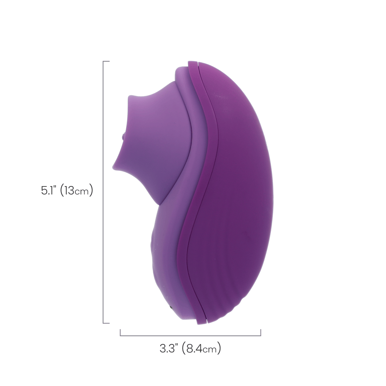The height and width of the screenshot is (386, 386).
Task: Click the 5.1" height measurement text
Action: [49, 190]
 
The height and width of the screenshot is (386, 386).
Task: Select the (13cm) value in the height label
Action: [76, 190]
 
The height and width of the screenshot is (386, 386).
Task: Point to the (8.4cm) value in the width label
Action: [201, 348]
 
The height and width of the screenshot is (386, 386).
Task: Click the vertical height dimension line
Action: [103, 192]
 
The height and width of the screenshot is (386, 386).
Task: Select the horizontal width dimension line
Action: [190, 335]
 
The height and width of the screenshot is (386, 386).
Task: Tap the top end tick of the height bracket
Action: [106, 61]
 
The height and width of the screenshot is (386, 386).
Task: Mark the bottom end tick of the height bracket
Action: [106, 323]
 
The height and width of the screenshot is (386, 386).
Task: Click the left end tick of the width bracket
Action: [120, 333]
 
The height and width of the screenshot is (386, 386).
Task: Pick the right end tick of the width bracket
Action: [261, 333]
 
